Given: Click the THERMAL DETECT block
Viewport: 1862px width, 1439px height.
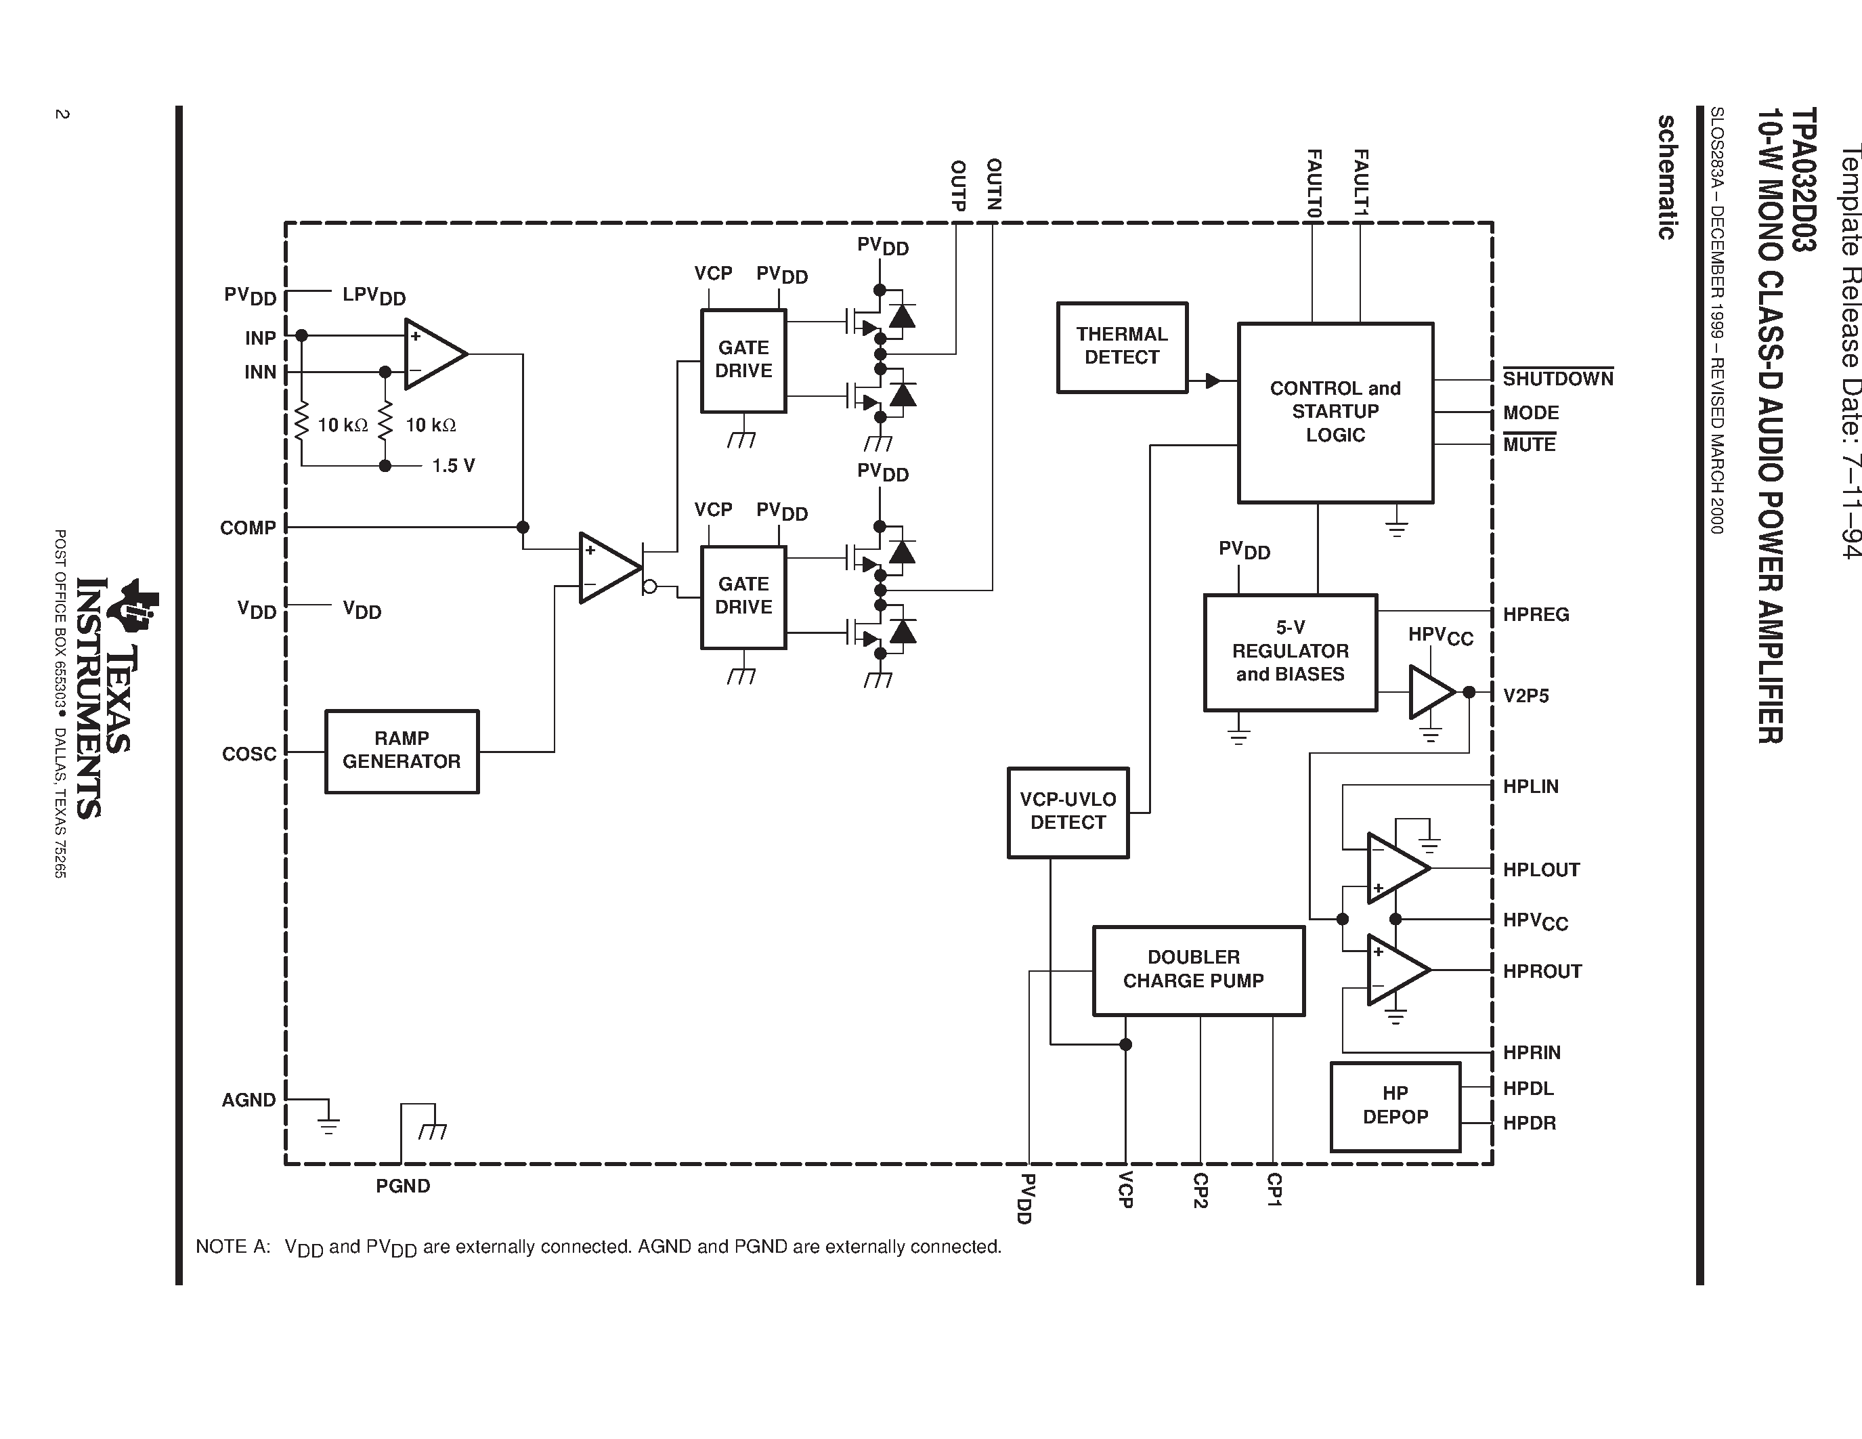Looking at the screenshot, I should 1121,347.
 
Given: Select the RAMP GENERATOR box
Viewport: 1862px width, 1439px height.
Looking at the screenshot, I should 402,751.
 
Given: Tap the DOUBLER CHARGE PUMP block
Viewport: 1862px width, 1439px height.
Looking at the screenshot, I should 1198,970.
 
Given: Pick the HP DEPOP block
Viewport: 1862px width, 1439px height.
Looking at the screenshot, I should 1395,1106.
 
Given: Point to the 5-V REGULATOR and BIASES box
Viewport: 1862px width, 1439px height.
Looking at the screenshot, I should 1290,652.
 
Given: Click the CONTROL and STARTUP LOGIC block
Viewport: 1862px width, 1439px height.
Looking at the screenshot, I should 1335,412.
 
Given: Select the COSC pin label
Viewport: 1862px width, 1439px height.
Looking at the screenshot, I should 249,754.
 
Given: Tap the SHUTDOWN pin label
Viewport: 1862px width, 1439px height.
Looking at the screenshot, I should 1557,379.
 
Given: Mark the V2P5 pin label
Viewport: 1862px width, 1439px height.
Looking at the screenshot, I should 1526,695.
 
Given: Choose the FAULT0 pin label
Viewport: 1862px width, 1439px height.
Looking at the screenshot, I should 1314,184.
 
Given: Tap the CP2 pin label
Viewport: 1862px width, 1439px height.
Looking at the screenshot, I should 1200,1190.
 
